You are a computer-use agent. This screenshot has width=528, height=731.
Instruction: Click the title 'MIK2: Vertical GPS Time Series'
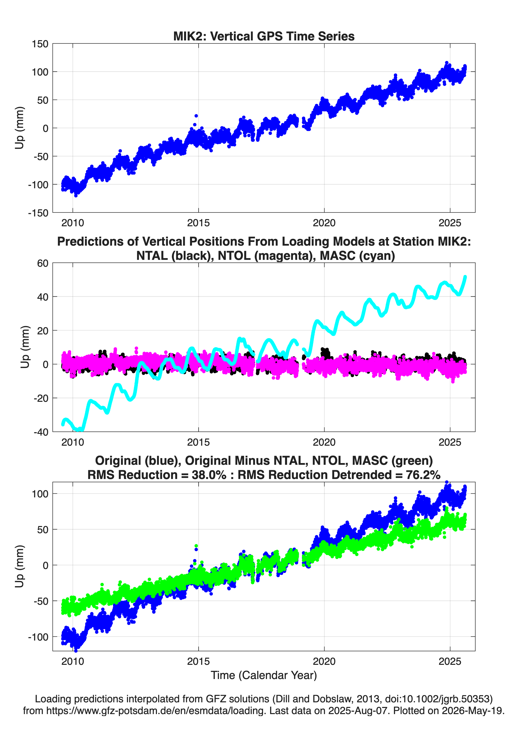(264, 36)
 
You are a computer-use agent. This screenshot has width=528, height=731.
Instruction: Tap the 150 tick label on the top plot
(40, 44)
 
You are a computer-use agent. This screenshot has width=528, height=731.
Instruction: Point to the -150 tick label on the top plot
(38, 213)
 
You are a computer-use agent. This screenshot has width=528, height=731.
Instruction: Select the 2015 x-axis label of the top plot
(198, 223)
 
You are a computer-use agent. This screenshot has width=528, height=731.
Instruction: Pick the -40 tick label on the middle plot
(41, 432)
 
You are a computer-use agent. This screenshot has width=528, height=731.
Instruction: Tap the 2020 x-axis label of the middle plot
(324, 442)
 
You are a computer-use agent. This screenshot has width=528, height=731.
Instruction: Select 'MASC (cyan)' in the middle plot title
(357, 256)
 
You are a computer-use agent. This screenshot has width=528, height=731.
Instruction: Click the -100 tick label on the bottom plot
(38, 637)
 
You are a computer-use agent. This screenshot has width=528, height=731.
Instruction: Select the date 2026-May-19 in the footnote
(473, 710)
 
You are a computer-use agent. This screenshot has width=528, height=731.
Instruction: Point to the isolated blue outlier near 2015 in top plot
(196, 116)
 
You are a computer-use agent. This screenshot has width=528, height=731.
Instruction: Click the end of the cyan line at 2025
(465, 277)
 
